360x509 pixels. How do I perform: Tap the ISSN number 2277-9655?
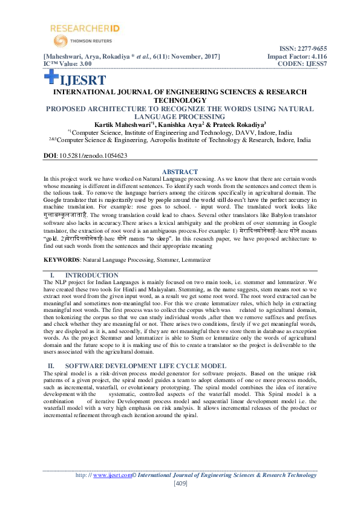coord(309,48)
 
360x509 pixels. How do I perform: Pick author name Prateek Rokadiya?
coord(249,125)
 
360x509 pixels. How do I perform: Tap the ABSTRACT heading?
coord(180,172)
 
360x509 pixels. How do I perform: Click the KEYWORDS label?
coord(61,259)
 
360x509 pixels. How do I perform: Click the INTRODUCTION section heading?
coord(91,275)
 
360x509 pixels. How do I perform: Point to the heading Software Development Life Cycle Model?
coord(145,366)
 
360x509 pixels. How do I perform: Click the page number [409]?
coord(180,484)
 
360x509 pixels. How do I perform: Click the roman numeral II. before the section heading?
coord(51,366)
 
